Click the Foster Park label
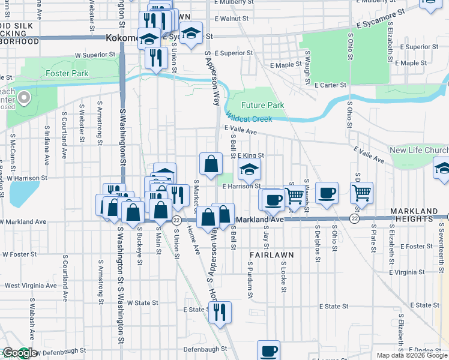pos(67,74)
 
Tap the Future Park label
pos(262,105)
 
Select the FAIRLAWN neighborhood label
pos(271,255)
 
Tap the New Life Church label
pos(418,150)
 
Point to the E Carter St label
pos(330,85)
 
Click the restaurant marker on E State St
pos(221,311)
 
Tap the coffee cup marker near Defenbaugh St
pos(268,350)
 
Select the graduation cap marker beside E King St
pos(250,170)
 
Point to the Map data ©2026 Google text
pos(412,355)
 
